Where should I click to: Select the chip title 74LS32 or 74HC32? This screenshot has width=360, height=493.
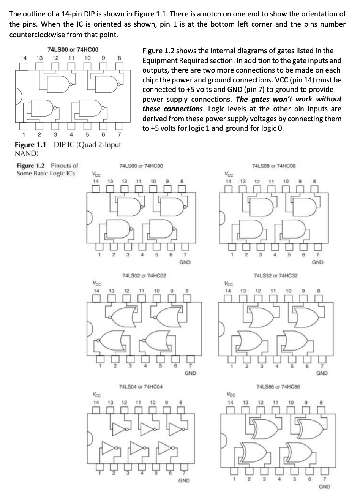click(276, 275)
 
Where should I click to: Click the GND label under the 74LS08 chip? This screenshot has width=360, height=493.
click(317, 262)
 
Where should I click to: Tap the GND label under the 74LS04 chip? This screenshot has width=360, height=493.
click(185, 480)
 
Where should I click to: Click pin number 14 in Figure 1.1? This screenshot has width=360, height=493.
click(24, 58)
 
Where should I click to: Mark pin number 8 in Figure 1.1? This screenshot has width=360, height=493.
click(119, 58)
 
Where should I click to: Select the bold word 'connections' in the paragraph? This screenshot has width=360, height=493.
click(183, 109)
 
